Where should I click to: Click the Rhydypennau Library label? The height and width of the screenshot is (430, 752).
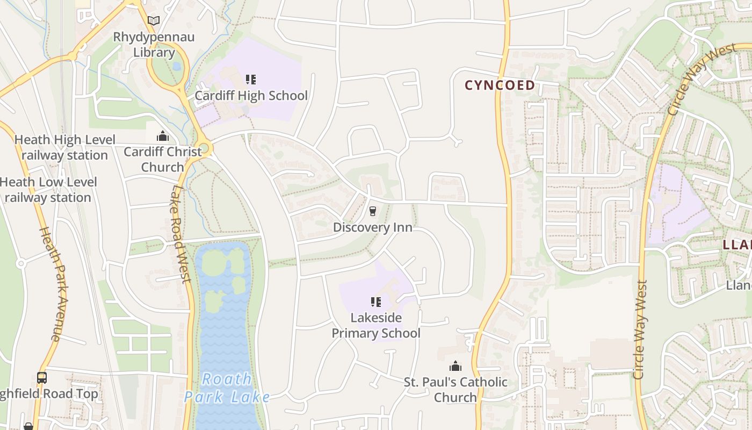click(x=154, y=45)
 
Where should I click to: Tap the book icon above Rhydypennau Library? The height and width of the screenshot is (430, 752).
click(x=154, y=21)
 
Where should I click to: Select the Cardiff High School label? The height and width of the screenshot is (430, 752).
click(x=251, y=96)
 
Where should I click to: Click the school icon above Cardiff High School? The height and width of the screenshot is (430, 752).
click(x=251, y=80)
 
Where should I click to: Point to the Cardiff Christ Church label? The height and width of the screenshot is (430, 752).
click(x=162, y=159)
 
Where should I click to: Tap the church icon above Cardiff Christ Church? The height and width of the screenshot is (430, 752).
click(x=162, y=137)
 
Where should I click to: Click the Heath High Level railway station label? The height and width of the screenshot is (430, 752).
click(x=64, y=147)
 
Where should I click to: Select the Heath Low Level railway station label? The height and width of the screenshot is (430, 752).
click(x=48, y=190)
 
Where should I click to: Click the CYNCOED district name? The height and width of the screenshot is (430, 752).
click(x=500, y=85)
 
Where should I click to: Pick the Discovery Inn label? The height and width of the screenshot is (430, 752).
click(x=373, y=227)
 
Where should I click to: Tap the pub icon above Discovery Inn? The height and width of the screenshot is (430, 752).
click(x=373, y=211)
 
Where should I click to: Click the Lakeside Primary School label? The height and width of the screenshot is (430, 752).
click(x=376, y=325)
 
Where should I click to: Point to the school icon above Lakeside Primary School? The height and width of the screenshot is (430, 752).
click(x=376, y=302)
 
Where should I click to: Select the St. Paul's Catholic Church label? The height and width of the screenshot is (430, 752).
click(x=455, y=390)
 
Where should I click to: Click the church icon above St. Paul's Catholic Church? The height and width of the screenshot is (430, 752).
click(x=455, y=367)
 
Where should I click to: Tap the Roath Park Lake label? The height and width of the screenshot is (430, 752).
click(x=227, y=388)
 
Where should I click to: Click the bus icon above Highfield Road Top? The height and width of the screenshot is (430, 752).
click(x=42, y=377)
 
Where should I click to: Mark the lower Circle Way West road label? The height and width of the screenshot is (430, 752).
click(x=639, y=329)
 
